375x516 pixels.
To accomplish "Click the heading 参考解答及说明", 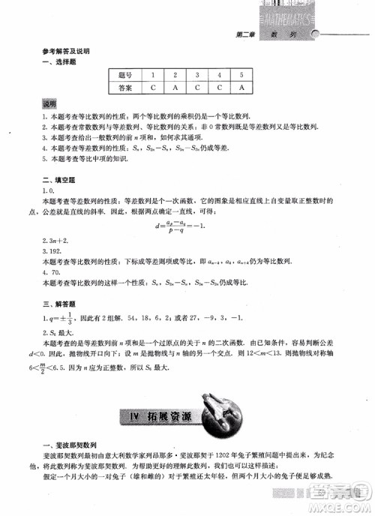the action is pos(66,52).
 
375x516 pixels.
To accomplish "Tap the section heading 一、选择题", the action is pos(56,61).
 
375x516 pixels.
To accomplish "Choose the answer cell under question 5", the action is pos(241,88).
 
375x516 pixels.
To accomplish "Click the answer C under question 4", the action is pos(219,88).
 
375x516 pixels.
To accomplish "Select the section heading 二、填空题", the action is pos(56,181).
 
